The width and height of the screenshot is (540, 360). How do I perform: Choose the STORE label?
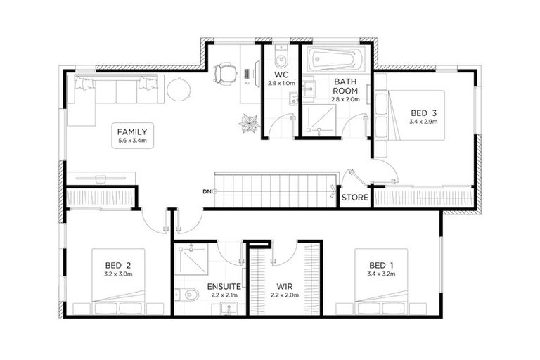click(x=355, y=198)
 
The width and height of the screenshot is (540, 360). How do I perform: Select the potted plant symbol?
click(x=249, y=124)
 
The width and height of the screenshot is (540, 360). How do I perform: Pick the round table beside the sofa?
click(x=178, y=89)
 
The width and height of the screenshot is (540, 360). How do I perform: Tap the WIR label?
click(x=284, y=286)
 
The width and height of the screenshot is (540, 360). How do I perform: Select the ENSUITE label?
click(x=224, y=286)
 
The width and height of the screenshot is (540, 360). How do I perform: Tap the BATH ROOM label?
click(x=345, y=86)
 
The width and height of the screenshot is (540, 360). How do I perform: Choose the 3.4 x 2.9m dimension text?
click(x=424, y=122)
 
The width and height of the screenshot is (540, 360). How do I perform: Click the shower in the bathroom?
click(x=320, y=120)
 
